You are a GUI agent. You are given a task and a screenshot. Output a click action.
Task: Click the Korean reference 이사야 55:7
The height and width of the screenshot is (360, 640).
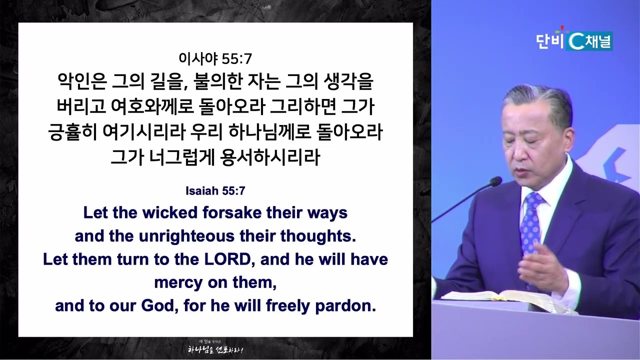[215, 59]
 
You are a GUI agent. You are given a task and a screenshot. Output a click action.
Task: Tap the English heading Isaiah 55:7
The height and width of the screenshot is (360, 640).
[215, 191]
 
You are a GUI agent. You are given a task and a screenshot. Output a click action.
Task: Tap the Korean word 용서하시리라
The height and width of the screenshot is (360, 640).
[270, 157]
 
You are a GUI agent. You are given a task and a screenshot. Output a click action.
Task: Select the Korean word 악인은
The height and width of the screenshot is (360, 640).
[82, 81]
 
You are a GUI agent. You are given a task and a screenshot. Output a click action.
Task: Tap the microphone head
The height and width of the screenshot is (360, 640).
[495, 181]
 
